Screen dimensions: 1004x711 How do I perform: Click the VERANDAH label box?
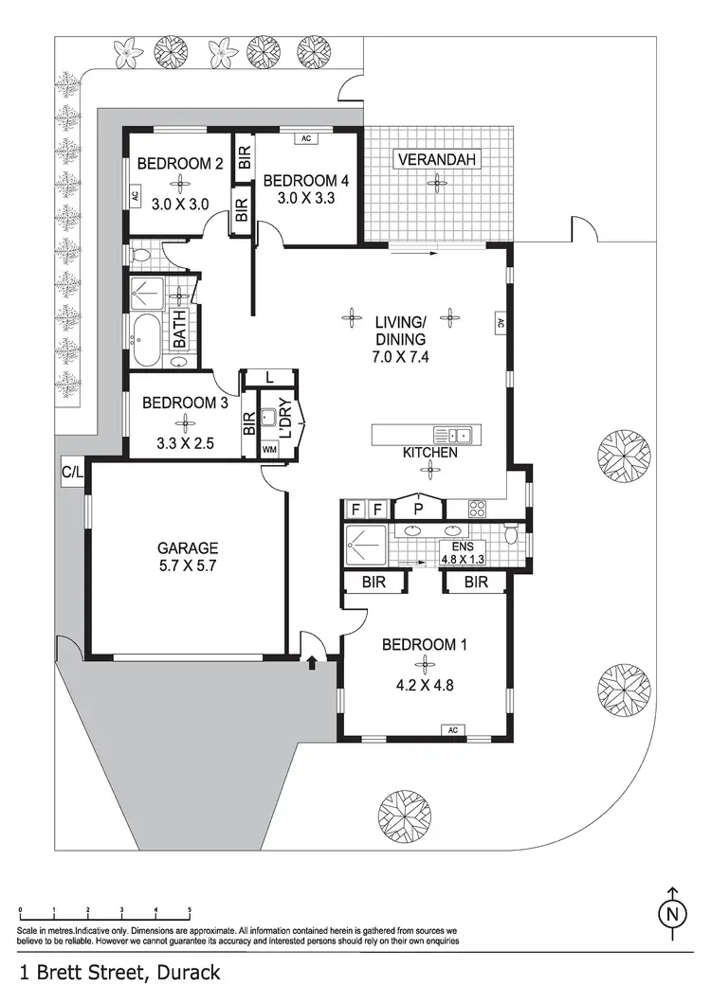436,159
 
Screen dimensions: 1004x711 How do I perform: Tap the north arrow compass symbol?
672,912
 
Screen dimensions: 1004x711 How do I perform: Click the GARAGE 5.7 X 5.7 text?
187,557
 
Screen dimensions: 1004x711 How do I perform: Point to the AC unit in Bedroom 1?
451,729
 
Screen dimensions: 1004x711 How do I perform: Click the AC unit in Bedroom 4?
305,139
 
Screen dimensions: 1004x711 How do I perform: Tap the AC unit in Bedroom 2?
135,197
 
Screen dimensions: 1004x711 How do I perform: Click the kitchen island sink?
453,436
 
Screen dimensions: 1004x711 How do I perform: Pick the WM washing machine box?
268,450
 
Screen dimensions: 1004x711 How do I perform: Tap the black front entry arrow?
312,664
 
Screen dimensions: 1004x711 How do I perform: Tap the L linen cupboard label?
269,378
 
